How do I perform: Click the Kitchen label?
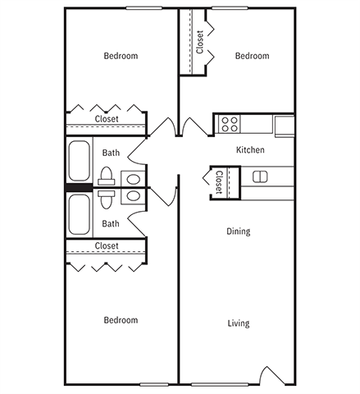[x=249, y=150]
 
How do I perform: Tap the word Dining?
[x=238, y=231]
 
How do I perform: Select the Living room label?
[x=238, y=323]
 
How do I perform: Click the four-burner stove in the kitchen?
[x=230, y=125]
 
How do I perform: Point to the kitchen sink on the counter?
[x=260, y=176]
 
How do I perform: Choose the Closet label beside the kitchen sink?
[x=220, y=181]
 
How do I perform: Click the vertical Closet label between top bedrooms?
[x=200, y=42]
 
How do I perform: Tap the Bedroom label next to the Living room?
[x=121, y=320]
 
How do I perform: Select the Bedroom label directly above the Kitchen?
[x=252, y=56]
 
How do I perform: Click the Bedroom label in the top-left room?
[x=121, y=56]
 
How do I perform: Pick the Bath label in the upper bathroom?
[x=111, y=153]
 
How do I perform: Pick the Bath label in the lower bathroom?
[x=111, y=223]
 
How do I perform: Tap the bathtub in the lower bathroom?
[x=80, y=215]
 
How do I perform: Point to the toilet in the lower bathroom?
[x=106, y=197]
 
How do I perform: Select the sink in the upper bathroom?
[x=133, y=178]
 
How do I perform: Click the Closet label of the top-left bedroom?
[x=107, y=119]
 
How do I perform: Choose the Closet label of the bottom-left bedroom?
[x=107, y=246]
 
